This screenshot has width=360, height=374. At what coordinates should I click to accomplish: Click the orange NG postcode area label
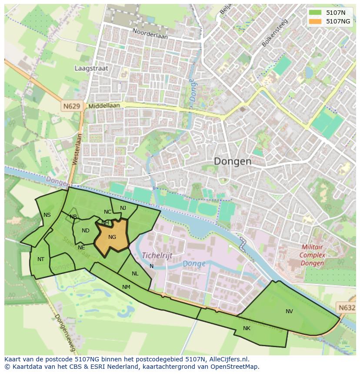pos(112,237)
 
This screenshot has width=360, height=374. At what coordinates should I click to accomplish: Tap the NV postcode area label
pos(289,311)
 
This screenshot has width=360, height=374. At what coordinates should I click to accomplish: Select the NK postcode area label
pos(247,328)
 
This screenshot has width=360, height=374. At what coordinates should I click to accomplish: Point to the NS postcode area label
pos(47,215)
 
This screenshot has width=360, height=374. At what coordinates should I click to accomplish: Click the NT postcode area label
pos(41,259)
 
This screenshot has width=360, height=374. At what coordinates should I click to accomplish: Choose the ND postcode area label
pos(86,231)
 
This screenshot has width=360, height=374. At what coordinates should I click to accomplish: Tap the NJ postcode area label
pos(123,208)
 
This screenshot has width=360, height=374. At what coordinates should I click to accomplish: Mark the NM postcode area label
pos(126,287)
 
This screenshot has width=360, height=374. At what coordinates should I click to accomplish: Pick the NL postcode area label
pos(135,274)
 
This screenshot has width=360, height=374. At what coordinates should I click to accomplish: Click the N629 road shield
pos(72,106)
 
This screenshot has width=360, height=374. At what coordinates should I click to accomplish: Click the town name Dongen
pos(233,162)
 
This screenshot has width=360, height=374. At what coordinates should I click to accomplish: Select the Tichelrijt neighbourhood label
pos(157,255)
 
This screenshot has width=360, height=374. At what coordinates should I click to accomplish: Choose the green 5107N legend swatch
pos(315,13)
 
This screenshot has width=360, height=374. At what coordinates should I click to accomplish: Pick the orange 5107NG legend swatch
pos(315,21)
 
